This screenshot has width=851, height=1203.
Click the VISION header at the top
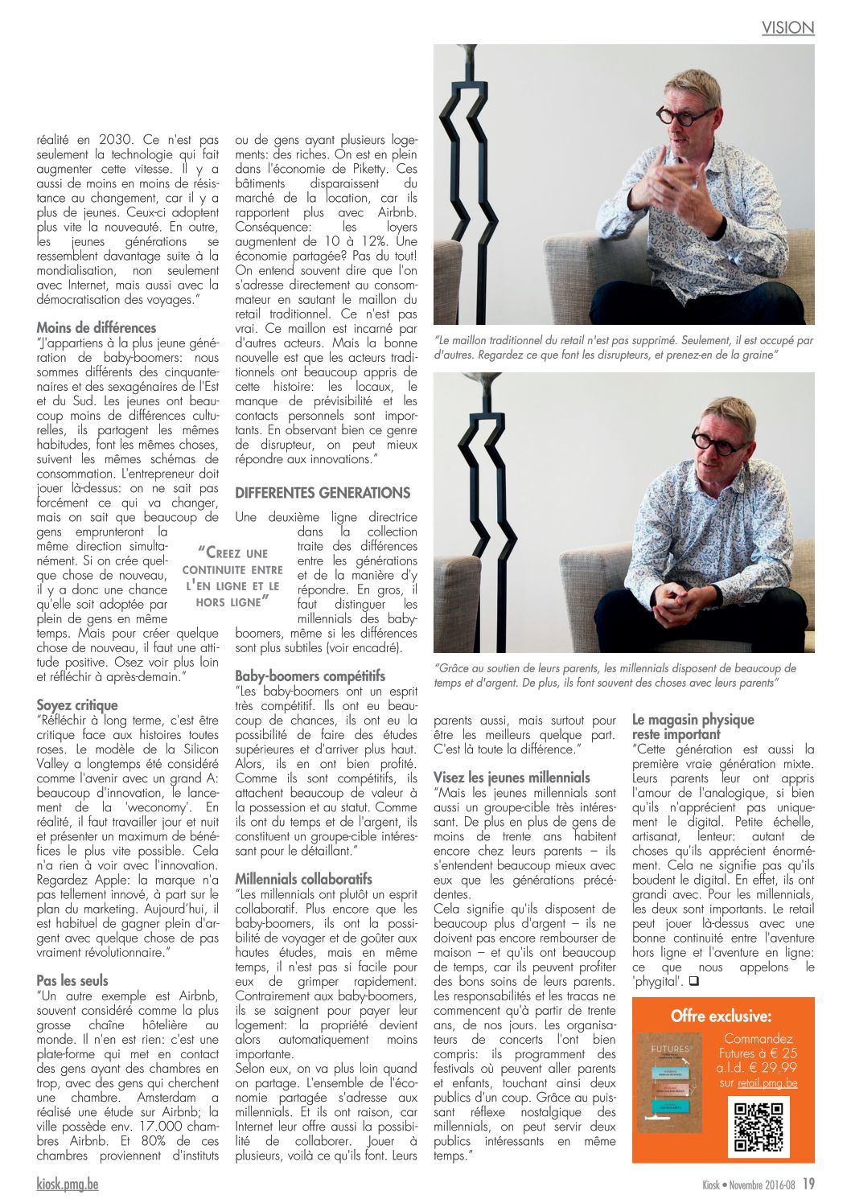[787, 28]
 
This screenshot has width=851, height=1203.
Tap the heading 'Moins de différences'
[97, 328]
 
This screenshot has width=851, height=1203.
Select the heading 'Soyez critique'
[77, 705]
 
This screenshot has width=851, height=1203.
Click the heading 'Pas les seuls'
[72, 980]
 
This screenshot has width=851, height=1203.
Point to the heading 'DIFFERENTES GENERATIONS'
[323, 493]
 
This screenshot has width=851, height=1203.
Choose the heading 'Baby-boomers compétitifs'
[310, 676]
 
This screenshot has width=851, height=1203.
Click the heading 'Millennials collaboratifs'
[303, 879]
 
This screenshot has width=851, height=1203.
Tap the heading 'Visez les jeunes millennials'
[512, 778]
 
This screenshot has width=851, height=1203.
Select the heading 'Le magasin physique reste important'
[693, 727]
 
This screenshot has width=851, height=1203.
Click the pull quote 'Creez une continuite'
[232, 577]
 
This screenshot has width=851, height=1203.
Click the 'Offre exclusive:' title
[721, 1016]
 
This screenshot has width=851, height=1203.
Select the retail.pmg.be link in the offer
[769, 1083]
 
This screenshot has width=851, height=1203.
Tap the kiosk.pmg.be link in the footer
[68, 1185]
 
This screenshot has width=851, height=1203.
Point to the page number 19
[808, 1184]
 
